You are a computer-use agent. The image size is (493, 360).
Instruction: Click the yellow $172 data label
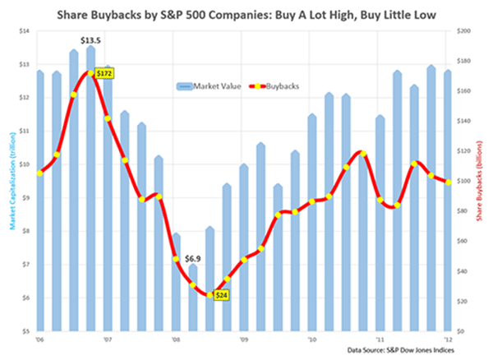[x=104, y=73]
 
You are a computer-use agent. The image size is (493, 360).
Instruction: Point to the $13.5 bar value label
[x=90, y=39]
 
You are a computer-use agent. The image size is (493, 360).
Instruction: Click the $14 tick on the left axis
[x=25, y=30]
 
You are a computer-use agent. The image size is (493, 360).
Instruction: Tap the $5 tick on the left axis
[x=26, y=331]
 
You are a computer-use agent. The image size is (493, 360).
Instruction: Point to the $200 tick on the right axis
[x=463, y=30]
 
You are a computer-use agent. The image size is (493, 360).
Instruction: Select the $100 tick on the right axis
[x=463, y=181]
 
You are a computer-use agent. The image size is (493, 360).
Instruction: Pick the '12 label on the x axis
[x=448, y=338]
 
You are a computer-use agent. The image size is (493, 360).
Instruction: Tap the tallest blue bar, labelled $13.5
[x=90, y=189]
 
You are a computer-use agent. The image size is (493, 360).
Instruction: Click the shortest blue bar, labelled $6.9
[x=193, y=298]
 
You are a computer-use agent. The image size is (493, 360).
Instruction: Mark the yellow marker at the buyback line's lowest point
[x=210, y=295]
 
